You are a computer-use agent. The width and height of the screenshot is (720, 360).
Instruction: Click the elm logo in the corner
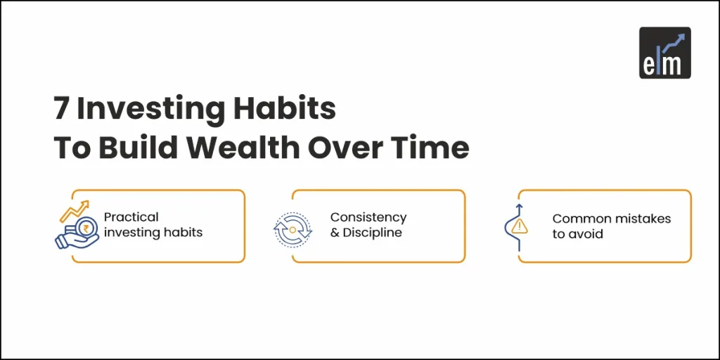click(664, 52)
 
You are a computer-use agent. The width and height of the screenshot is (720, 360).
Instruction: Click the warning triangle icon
click(520, 226)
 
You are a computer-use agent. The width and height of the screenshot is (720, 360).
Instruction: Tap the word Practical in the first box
click(131, 217)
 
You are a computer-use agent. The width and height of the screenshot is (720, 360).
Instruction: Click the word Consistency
click(368, 217)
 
